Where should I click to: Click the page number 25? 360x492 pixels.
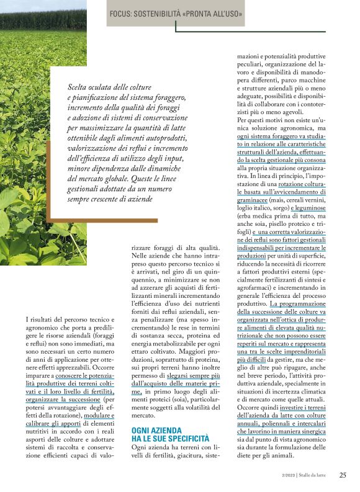tap(343, 475)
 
